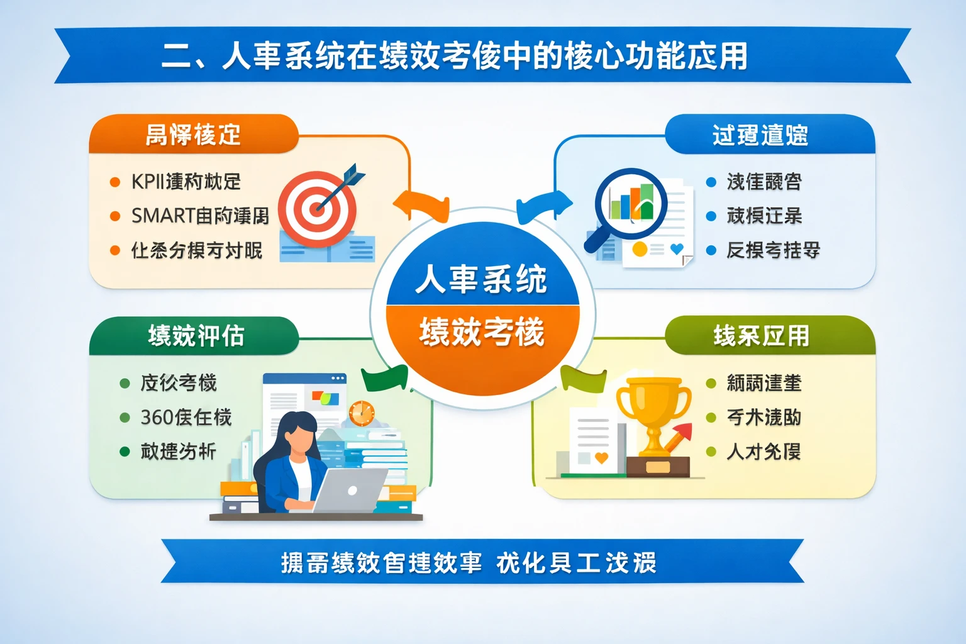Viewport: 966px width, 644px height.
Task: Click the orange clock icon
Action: click(x=362, y=413)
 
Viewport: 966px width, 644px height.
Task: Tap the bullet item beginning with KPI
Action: click(x=186, y=182)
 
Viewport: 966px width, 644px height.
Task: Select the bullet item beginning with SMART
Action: click(x=199, y=216)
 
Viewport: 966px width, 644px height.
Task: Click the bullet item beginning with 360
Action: click(x=186, y=417)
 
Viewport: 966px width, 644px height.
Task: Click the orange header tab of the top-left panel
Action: click(x=193, y=134)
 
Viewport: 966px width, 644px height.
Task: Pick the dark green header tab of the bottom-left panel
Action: click(x=195, y=336)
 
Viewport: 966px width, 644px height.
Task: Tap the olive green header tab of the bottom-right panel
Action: click(x=761, y=336)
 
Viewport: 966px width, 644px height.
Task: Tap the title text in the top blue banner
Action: click(x=454, y=56)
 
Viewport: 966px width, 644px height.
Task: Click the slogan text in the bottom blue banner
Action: click(x=469, y=562)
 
